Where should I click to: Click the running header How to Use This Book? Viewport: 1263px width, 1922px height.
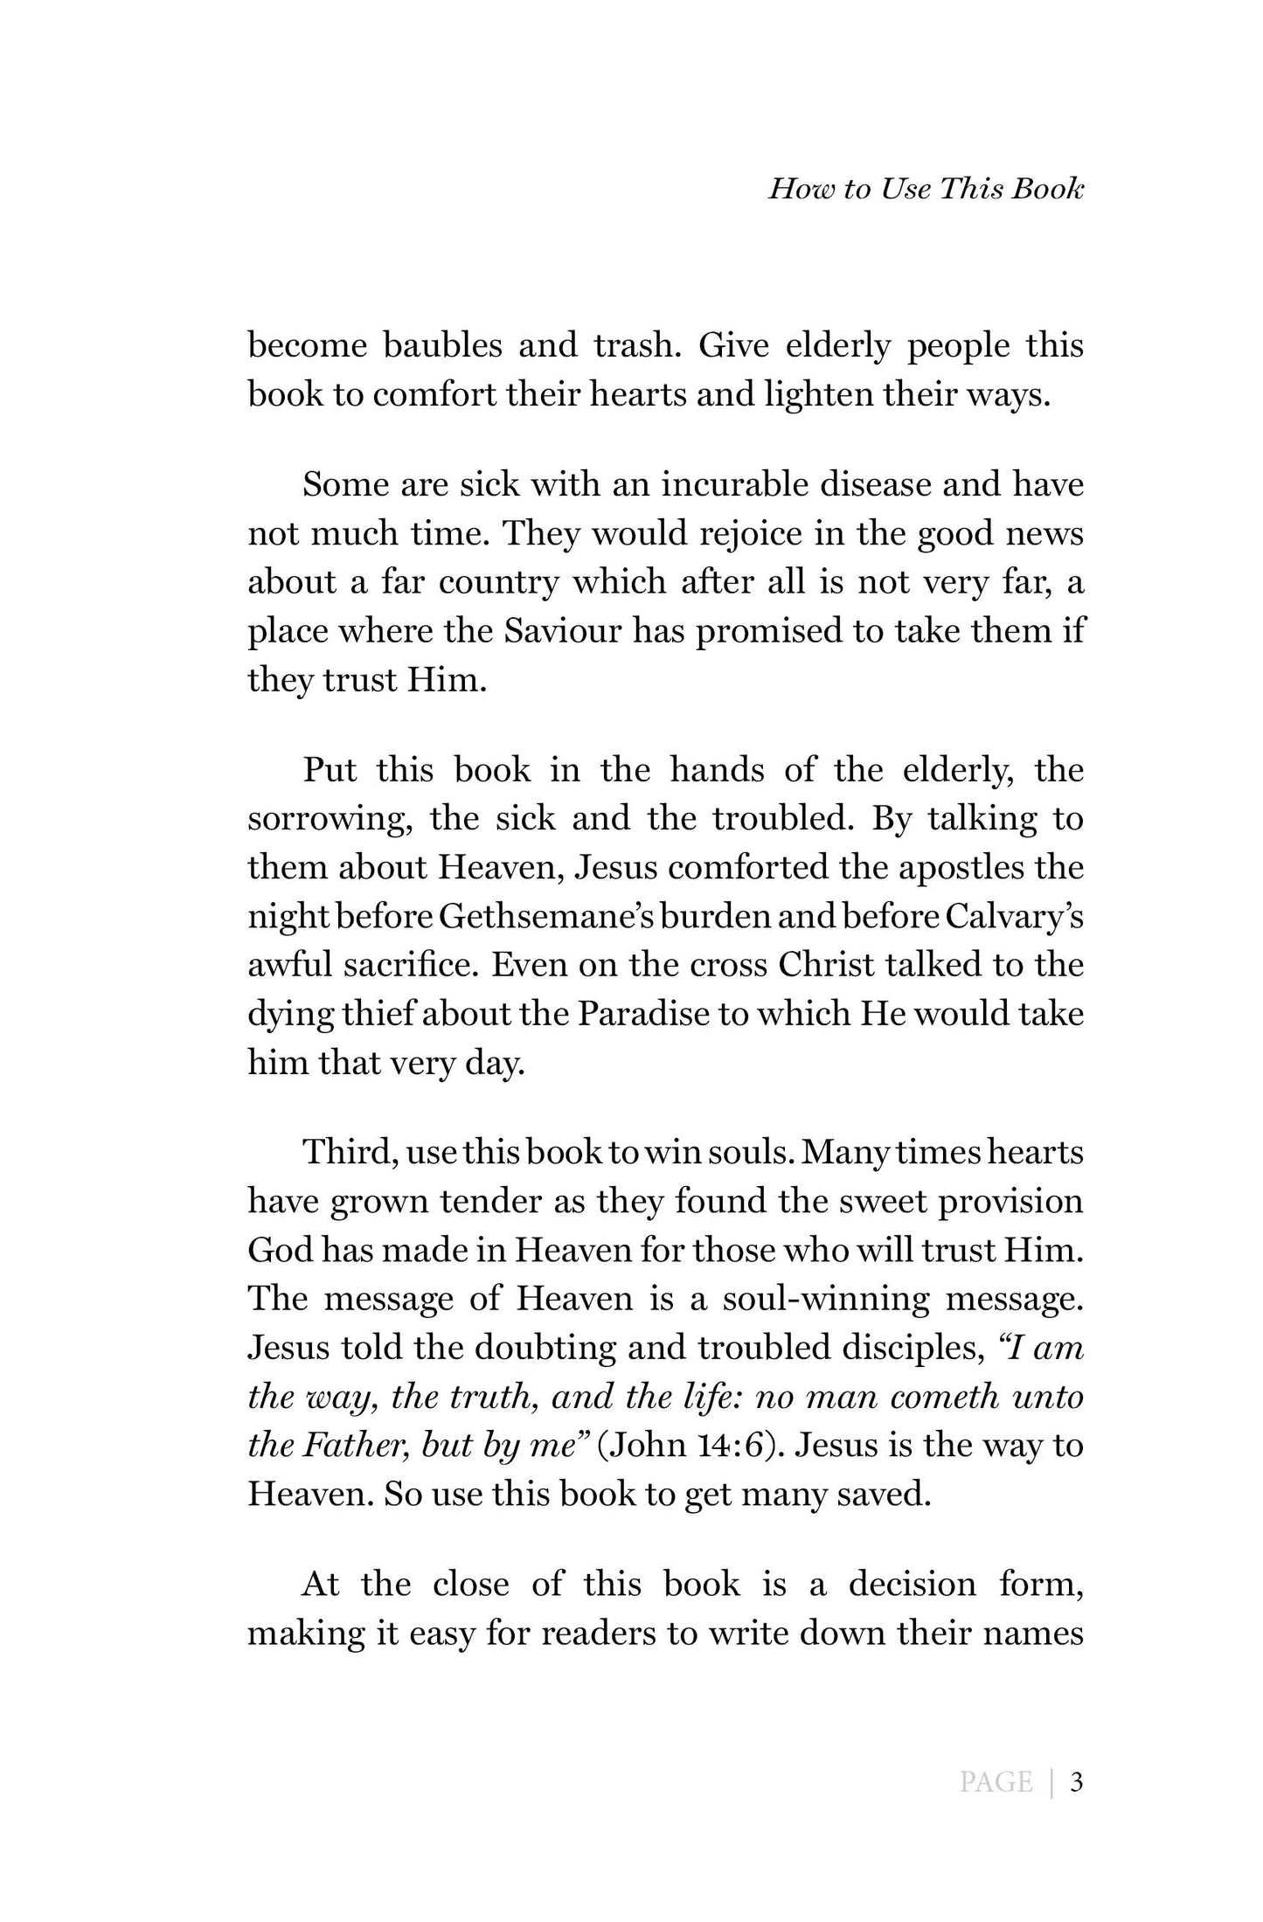click(x=926, y=190)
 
